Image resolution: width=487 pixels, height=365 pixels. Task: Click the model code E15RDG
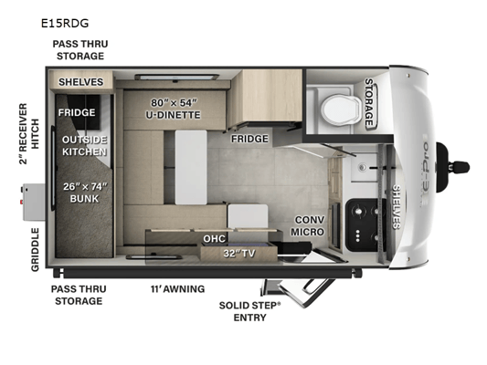65,23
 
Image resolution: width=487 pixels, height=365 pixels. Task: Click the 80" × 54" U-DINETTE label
174,109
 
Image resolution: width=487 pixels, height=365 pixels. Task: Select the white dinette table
191,167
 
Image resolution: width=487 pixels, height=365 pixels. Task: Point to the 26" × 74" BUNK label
84,193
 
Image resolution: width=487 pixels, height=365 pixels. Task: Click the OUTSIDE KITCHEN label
84,146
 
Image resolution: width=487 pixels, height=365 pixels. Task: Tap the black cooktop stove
365,224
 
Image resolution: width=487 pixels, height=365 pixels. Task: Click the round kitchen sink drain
362,168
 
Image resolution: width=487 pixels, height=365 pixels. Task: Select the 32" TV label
239,254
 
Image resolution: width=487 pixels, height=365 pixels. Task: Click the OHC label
215,238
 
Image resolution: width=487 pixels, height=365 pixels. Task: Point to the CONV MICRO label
308,225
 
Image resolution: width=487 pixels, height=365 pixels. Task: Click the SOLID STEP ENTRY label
250,311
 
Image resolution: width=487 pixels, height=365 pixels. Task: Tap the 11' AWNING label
177,289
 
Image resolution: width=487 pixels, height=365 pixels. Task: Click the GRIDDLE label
35,250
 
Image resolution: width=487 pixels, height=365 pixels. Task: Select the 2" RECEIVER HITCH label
29,134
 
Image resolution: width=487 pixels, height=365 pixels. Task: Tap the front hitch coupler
452,168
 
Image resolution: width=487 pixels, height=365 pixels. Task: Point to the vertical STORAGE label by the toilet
369,102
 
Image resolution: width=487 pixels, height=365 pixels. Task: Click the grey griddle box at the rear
34,202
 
